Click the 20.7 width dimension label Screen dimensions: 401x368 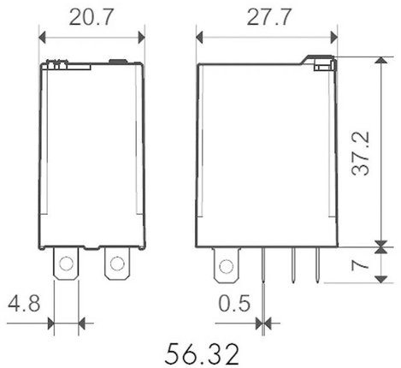(91, 18)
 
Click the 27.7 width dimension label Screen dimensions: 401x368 (269, 18)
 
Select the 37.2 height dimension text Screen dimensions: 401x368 (360, 153)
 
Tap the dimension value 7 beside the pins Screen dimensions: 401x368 (360, 265)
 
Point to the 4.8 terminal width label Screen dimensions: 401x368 (24, 303)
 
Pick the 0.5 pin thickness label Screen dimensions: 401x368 (234, 303)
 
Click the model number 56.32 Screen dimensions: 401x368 (202, 354)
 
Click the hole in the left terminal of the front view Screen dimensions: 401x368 (66, 263)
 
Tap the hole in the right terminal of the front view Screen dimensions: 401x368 (117, 263)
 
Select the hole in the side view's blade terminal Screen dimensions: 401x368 (227, 266)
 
